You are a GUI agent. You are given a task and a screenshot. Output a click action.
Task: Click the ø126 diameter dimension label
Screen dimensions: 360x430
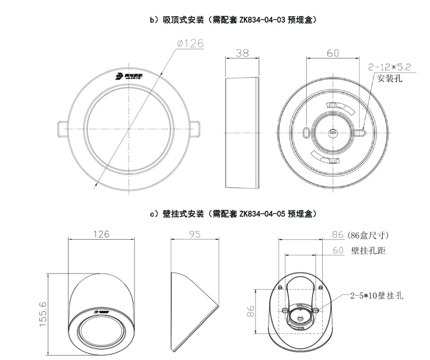coord(190,43)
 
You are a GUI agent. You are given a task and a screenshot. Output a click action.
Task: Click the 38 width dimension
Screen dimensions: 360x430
coord(242,53)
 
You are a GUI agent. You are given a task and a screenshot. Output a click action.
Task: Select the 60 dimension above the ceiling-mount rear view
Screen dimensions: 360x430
coord(333,53)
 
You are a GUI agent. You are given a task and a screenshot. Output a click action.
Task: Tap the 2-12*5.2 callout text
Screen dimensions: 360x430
coord(389,67)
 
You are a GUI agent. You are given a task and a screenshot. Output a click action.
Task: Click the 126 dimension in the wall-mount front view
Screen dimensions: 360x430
coord(101,234)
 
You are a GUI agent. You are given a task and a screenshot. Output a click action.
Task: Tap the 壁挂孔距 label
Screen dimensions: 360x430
coord(369,250)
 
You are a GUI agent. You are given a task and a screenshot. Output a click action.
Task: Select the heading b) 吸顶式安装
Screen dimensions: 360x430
coord(177,19)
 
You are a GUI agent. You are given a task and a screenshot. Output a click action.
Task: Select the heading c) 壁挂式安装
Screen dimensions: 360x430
coord(177,213)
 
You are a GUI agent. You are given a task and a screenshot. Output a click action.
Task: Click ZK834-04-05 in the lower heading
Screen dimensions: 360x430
coord(262,213)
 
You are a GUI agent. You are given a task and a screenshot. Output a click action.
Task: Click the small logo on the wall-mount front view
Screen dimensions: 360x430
coord(103,312)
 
